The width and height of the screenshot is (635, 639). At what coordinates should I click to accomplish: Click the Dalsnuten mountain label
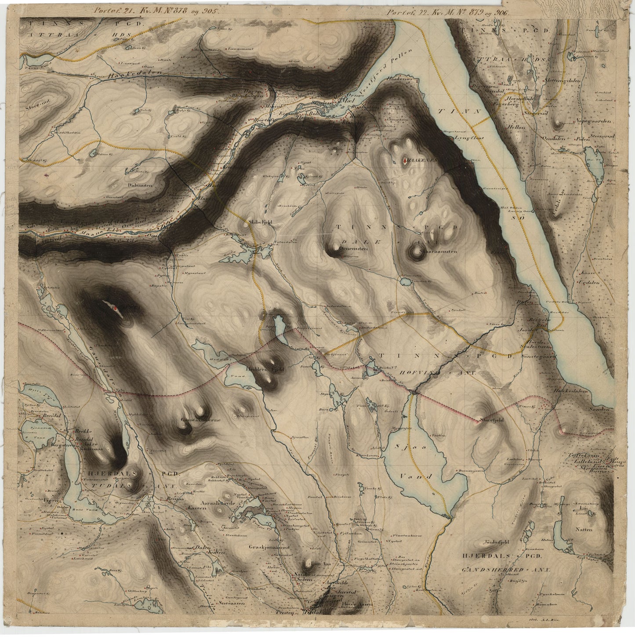[140, 185]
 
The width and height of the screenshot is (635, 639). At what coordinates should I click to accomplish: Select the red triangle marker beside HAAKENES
[405, 161]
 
